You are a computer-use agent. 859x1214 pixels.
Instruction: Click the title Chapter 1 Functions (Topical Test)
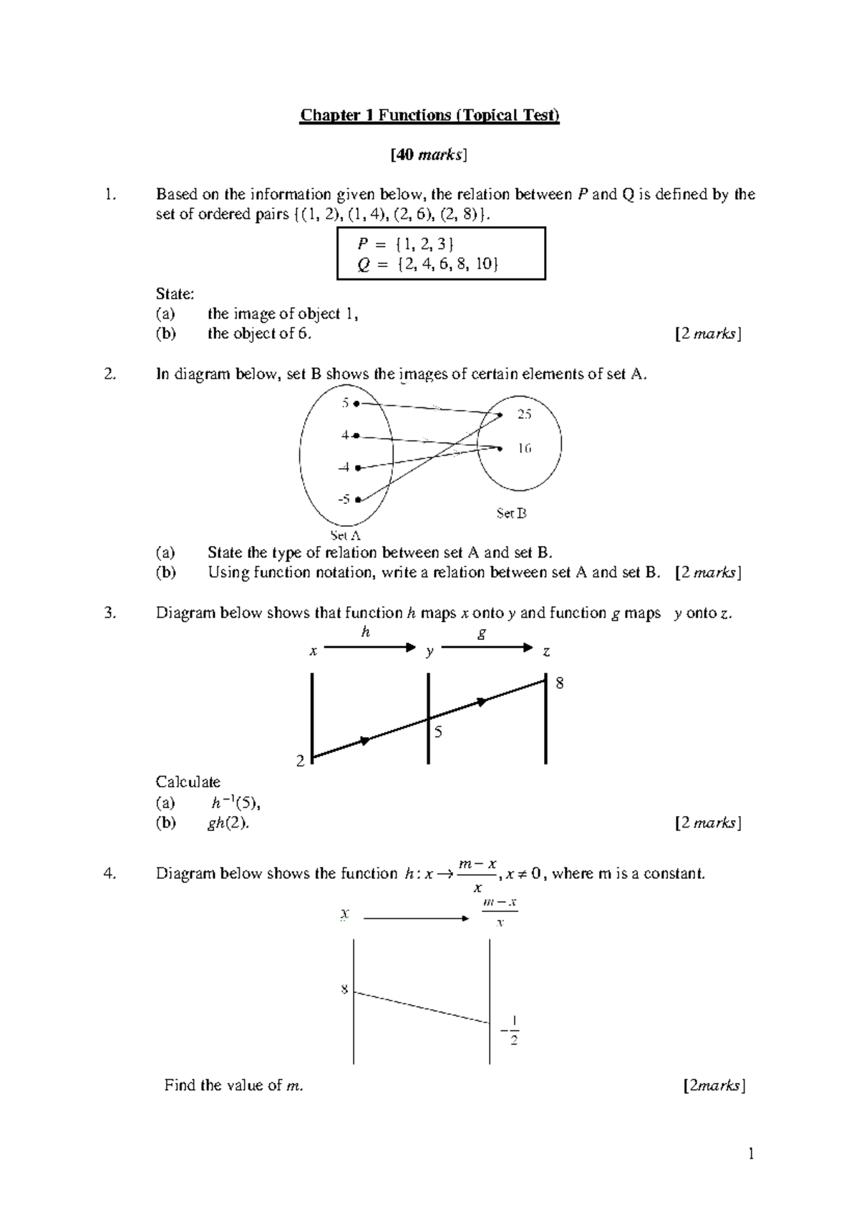(x=429, y=115)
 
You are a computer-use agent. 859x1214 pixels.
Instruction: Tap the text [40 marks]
(x=429, y=155)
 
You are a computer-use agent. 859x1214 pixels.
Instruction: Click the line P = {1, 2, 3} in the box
(x=405, y=244)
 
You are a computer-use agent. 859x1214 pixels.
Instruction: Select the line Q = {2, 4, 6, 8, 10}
(x=427, y=264)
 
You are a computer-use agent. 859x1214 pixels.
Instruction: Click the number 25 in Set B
(x=524, y=414)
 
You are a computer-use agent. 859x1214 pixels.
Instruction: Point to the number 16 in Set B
(x=524, y=449)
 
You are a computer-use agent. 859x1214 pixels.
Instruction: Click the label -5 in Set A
(x=344, y=499)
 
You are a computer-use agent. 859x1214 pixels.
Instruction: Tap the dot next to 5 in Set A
(x=356, y=404)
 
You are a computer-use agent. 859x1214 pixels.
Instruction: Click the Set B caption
(x=511, y=513)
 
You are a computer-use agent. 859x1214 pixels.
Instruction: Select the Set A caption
(x=345, y=535)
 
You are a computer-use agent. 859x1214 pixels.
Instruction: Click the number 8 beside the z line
(x=560, y=684)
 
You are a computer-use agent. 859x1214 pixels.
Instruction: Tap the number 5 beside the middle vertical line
(x=438, y=732)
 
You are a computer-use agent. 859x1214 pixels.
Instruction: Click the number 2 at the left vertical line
(x=301, y=761)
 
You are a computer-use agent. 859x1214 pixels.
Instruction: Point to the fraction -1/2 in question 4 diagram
(x=510, y=1031)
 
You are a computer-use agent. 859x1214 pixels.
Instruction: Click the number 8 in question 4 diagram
(x=344, y=990)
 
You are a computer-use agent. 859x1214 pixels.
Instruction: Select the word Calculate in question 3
(x=188, y=782)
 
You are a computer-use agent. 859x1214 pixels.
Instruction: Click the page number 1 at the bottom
(x=751, y=1153)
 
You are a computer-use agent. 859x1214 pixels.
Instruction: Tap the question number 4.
(x=108, y=873)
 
